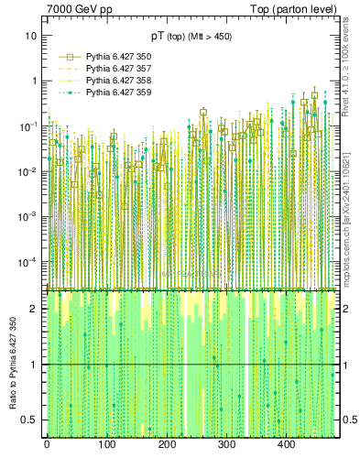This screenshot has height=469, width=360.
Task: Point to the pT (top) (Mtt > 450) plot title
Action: [x=191, y=36]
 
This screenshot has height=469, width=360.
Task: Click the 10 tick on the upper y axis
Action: [x=31, y=36]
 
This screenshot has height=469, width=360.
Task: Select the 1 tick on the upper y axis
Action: [x=34, y=81]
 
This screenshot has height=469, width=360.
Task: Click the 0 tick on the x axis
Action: [x=47, y=445]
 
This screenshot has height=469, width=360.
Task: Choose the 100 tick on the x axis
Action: [x=106, y=445]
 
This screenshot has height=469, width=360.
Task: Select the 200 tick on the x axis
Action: [x=167, y=445]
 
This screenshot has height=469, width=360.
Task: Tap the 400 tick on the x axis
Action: [x=286, y=445]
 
